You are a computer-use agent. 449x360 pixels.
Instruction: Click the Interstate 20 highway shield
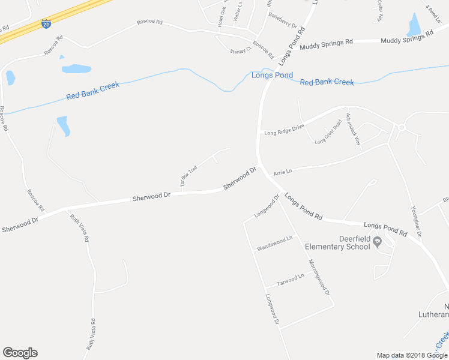(46, 24)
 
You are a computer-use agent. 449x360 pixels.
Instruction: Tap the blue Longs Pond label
(272, 75)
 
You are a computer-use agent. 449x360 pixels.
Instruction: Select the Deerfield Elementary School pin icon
(377, 242)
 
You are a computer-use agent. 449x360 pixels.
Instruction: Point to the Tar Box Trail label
(189, 175)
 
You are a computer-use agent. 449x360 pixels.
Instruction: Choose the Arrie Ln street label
(282, 172)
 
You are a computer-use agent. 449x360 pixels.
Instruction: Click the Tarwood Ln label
(290, 279)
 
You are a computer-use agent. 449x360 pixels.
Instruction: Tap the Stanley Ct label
(238, 51)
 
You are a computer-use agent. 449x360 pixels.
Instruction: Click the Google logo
(20, 353)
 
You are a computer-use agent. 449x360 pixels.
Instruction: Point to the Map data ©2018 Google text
(412, 355)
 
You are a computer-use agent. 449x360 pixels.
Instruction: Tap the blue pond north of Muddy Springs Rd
(414, 25)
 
